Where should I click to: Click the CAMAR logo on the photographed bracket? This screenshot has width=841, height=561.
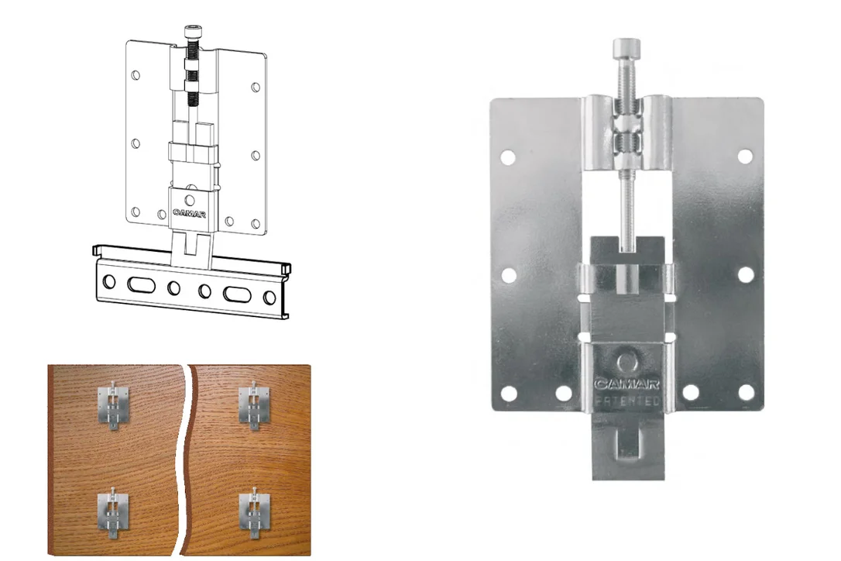[x=626, y=384]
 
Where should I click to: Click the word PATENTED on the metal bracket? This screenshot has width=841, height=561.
[x=626, y=401]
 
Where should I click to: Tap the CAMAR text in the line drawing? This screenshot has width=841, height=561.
[x=189, y=213]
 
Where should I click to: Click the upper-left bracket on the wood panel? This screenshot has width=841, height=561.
[x=114, y=404]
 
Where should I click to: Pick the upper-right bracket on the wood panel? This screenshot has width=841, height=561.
[x=253, y=404]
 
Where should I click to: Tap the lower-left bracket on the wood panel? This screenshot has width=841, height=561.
[x=113, y=512]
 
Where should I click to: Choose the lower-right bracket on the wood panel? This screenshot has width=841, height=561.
[x=254, y=512]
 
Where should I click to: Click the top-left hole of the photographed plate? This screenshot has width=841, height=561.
[x=507, y=157]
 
